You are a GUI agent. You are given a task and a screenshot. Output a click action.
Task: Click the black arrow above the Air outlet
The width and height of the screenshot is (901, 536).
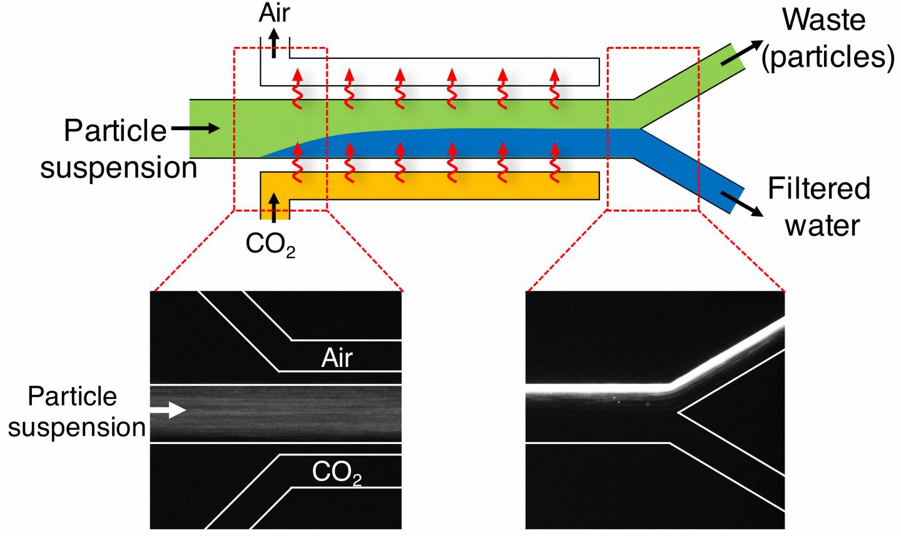[274, 46]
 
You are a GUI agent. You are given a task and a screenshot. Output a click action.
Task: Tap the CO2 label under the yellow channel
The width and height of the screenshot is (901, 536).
[270, 245]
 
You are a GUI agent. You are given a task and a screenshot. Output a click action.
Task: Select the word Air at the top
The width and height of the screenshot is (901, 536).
[274, 13]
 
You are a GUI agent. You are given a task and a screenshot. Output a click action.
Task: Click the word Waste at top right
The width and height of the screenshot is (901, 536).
[823, 21]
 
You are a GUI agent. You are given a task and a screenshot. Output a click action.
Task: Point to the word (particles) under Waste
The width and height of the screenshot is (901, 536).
[827, 57]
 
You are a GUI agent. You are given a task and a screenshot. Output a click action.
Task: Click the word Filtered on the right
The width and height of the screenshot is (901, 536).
[819, 188]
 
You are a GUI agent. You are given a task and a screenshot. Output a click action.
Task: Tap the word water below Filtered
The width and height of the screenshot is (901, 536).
[822, 225]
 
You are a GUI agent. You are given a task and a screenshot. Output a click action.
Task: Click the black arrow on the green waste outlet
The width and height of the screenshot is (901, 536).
[741, 54]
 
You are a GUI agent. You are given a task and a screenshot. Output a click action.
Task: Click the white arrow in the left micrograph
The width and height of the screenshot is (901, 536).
[168, 410]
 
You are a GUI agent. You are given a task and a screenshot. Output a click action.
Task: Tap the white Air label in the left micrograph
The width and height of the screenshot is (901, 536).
[337, 358]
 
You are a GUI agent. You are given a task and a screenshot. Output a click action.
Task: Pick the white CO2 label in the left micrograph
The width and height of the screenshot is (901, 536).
[337, 474]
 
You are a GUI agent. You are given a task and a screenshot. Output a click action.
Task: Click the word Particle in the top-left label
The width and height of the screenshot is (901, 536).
[115, 131]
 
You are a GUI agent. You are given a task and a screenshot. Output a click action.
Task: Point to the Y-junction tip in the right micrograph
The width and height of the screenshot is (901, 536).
[679, 412]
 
